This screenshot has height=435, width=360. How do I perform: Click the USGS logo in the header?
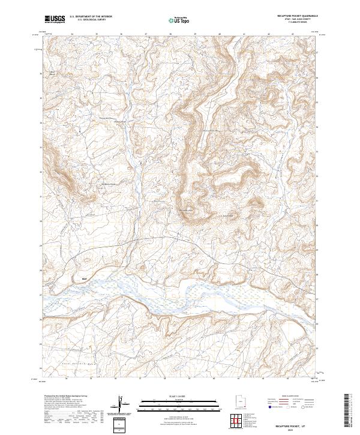coord(55,19)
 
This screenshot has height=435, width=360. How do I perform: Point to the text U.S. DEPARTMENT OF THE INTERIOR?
coord(91,17)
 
